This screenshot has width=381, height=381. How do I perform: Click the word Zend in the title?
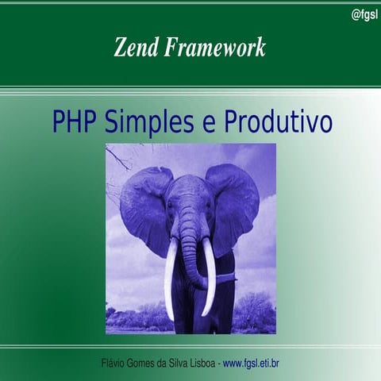pyautogui.click(x=136, y=48)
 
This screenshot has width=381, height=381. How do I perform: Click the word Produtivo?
pyautogui.click(x=278, y=123)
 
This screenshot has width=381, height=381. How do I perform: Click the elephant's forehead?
pyautogui.click(x=189, y=190)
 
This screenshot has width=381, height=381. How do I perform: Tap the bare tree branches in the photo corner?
pyautogui.click(x=119, y=159)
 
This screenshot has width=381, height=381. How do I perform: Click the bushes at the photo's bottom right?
pyautogui.click(x=254, y=314)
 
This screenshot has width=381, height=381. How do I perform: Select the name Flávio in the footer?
pyautogui.click(x=116, y=364)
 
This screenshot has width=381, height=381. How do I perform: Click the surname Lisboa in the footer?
pyautogui.click(x=198, y=364)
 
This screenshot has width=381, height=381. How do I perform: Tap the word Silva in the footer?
pyautogui.click(x=179, y=364)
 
